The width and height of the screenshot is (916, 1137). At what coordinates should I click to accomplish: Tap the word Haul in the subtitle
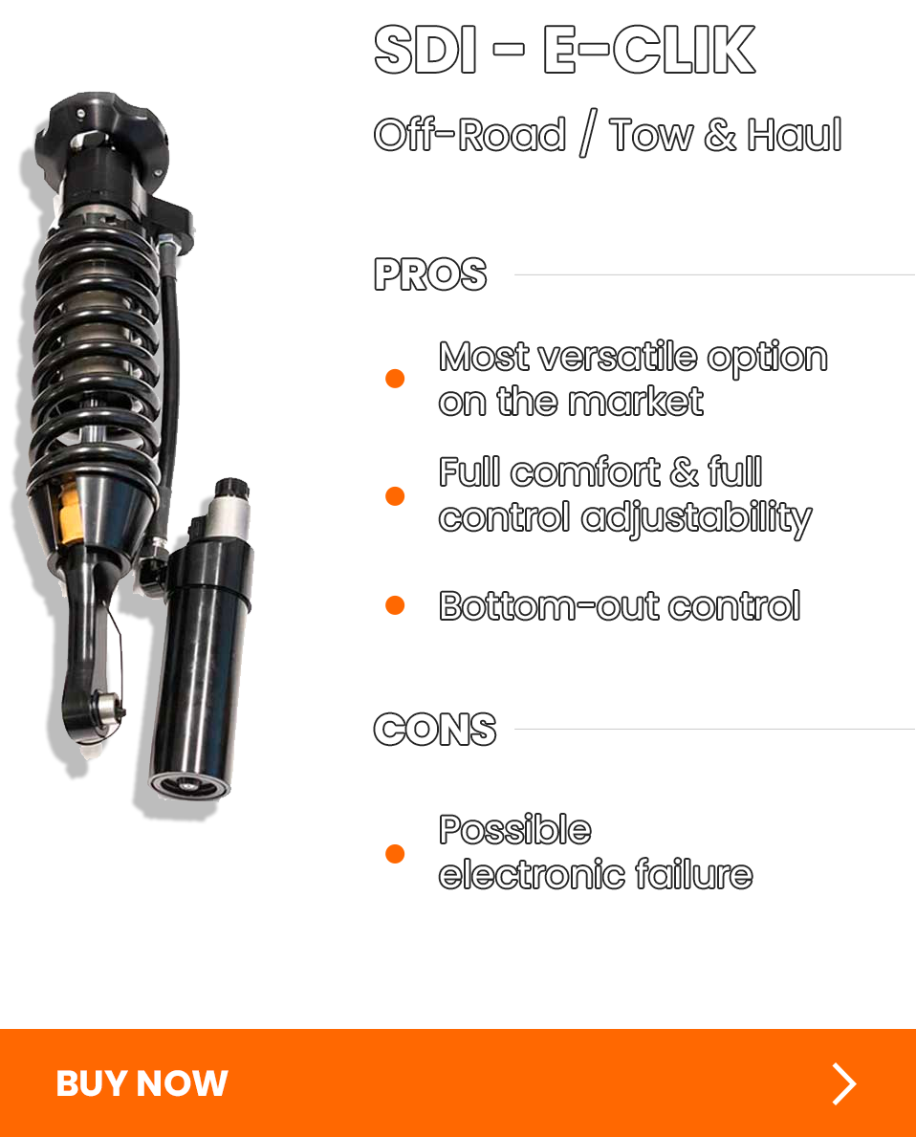[x=794, y=135]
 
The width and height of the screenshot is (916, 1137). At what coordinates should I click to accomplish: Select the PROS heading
[x=430, y=275]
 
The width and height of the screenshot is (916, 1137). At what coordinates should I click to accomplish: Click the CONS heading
[x=435, y=730]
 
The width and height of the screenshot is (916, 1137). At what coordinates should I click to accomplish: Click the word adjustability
[x=696, y=517]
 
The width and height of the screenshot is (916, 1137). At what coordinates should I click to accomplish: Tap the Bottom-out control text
[x=620, y=606]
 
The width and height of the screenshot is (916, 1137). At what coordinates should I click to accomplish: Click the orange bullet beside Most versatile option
[x=395, y=379]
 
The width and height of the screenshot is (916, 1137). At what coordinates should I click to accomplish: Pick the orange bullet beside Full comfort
[x=395, y=495]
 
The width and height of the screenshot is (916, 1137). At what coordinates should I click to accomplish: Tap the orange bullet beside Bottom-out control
[x=395, y=605]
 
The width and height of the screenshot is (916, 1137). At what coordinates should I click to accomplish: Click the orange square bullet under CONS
[x=395, y=853]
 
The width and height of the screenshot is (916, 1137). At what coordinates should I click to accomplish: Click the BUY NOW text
[x=142, y=1083]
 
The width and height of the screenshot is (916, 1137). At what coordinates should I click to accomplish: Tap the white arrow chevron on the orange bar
[x=843, y=1083]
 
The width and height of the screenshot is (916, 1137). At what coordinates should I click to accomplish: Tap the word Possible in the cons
[x=515, y=830]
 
